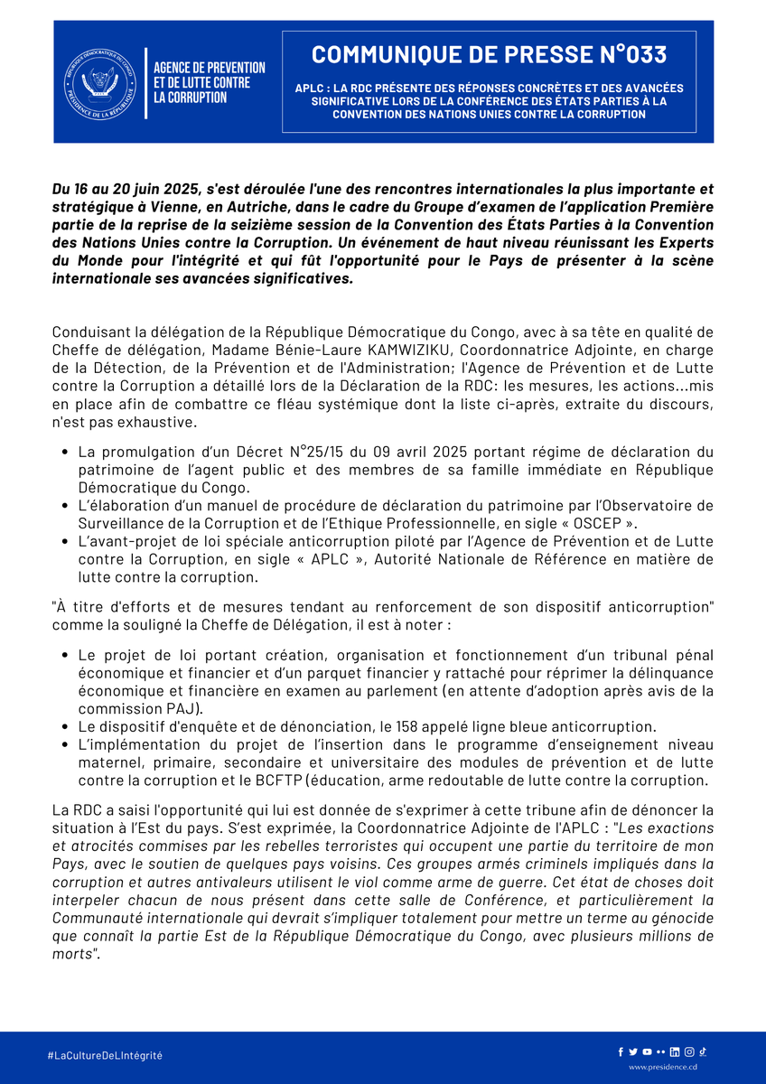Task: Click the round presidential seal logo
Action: pyautogui.click(x=98, y=82)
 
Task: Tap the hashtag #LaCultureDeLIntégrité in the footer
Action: pyautogui.click(x=105, y=1055)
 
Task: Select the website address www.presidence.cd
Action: pyautogui.click(x=663, y=1067)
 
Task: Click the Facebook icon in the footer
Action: pyautogui.click(x=621, y=1051)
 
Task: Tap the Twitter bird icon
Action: pyautogui.click(x=633, y=1051)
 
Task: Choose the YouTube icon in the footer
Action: pyautogui.click(x=647, y=1051)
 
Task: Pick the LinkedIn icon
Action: pyautogui.click(x=675, y=1051)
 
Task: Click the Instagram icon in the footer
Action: pyautogui.click(x=689, y=1051)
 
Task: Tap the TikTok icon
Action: pyautogui.click(x=702, y=1051)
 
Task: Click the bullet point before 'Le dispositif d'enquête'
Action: pyautogui.click(x=67, y=726)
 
